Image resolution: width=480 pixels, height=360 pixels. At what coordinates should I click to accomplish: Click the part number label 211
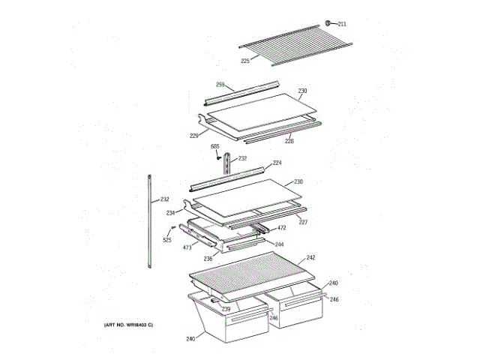click(342, 25)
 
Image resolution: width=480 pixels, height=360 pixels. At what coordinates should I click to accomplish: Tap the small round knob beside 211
click(328, 24)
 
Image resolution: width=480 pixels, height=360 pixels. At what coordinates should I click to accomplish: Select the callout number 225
click(245, 61)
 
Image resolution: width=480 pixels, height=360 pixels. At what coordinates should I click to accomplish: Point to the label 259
click(220, 84)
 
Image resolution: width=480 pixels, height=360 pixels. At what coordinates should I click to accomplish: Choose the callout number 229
click(193, 136)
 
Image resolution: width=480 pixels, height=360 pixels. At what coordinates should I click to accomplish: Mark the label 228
click(288, 140)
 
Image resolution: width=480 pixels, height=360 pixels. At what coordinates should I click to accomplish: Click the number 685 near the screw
click(215, 146)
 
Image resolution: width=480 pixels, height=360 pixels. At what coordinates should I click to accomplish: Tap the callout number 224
click(277, 163)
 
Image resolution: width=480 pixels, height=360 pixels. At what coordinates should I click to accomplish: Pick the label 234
click(170, 212)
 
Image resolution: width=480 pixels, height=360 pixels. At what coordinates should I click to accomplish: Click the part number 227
click(303, 222)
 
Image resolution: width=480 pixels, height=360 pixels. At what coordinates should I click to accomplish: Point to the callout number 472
click(281, 228)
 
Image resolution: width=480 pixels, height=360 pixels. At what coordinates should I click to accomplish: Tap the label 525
click(167, 240)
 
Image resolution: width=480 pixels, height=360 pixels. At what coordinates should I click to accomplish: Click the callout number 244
click(279, 244)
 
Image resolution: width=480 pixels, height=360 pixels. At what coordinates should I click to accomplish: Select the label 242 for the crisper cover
click(311, 257)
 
